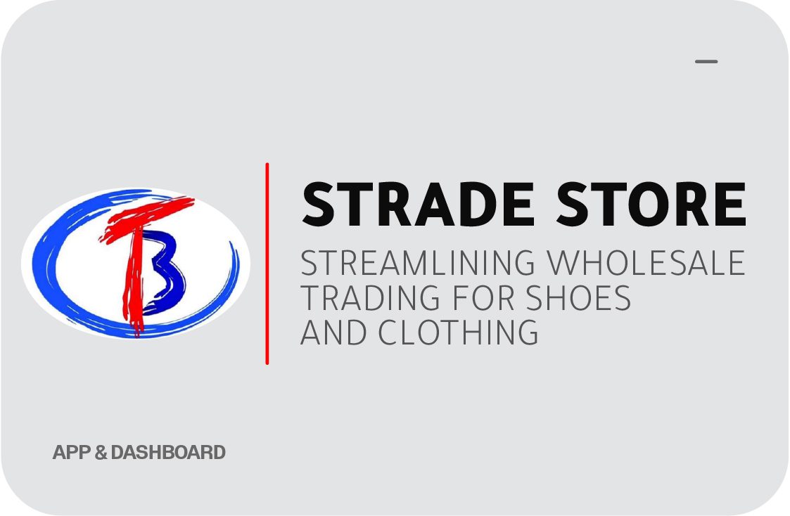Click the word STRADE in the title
[418, 204]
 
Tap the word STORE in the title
[651, 204]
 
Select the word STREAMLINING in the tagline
[418, 262]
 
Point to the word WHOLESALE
[646, 262]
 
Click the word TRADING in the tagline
[370, 297]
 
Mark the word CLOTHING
[459, 332]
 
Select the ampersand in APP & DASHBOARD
[101, 452]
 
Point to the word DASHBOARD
[168, 452]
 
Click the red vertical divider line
[267, 264]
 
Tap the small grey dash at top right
[706, 61]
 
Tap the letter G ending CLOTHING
[527, 332]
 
